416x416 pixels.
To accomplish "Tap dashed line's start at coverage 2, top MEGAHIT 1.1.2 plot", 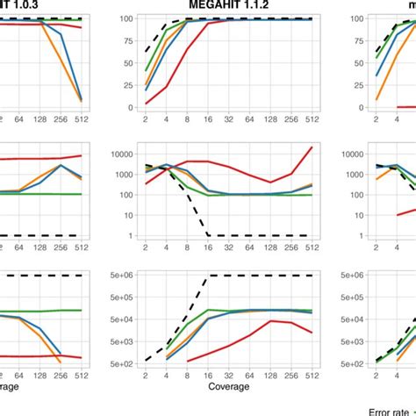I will [146, 52].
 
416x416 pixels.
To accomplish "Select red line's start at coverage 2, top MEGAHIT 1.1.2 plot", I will [146, 103].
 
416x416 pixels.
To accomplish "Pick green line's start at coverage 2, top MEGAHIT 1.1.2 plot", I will [146, 70].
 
